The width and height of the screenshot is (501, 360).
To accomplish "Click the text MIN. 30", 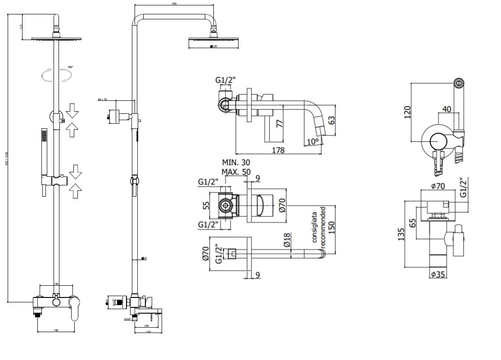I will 236,162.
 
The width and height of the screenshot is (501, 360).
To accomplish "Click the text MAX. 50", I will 237,171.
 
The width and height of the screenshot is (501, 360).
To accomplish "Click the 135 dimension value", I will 402,234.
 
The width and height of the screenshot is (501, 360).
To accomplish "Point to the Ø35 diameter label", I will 438,274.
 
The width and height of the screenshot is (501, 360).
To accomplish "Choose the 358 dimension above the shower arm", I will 174,4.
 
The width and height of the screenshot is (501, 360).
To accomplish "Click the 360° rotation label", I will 70,67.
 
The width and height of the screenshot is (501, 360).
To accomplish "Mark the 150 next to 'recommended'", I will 332,224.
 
